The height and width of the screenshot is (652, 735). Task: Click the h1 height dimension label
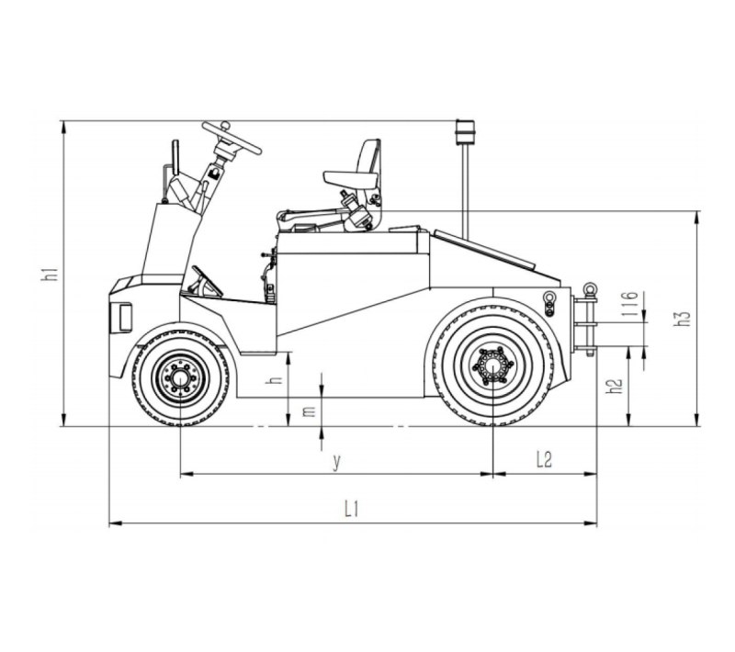(x=51, y=274)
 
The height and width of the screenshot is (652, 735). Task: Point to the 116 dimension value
(x=629, y=304)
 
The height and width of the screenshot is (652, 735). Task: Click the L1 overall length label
(x=352, y=509)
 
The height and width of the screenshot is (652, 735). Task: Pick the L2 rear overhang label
(x=544, y=459)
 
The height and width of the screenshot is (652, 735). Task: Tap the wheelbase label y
(x=336, y=462)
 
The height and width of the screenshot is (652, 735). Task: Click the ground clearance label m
(x=309, y=411)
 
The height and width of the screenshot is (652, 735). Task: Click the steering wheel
(x=232, y=137)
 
